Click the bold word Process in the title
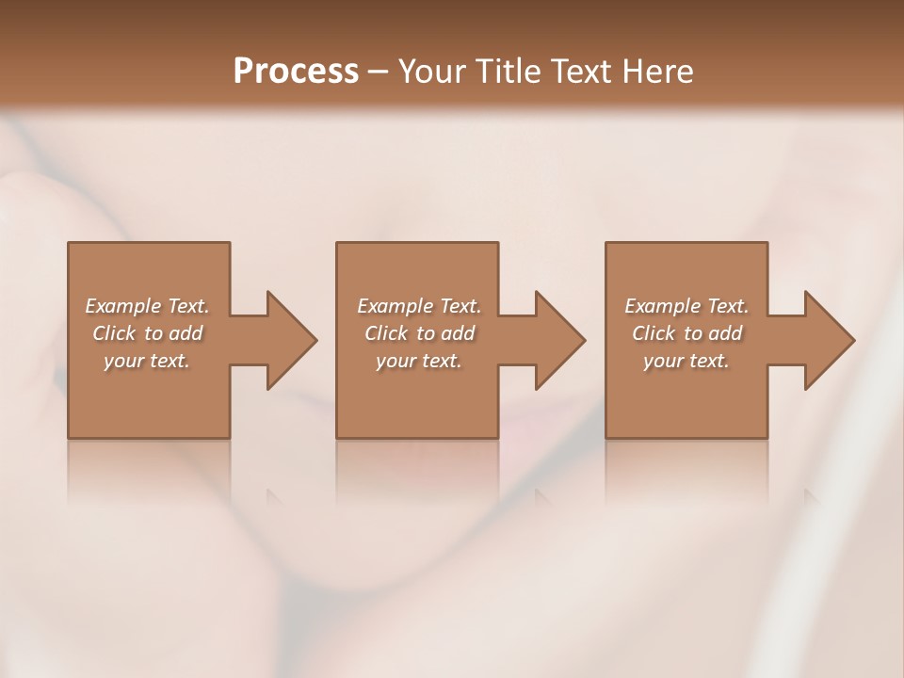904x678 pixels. [296, 72]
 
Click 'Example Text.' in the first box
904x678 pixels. [148, 306]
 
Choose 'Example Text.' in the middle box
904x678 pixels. [419, 306]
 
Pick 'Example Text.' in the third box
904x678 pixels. [686, 306]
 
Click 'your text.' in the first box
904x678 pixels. [147, 361]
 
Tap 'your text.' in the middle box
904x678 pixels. [419, 361]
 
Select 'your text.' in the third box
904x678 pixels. [686, 361]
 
